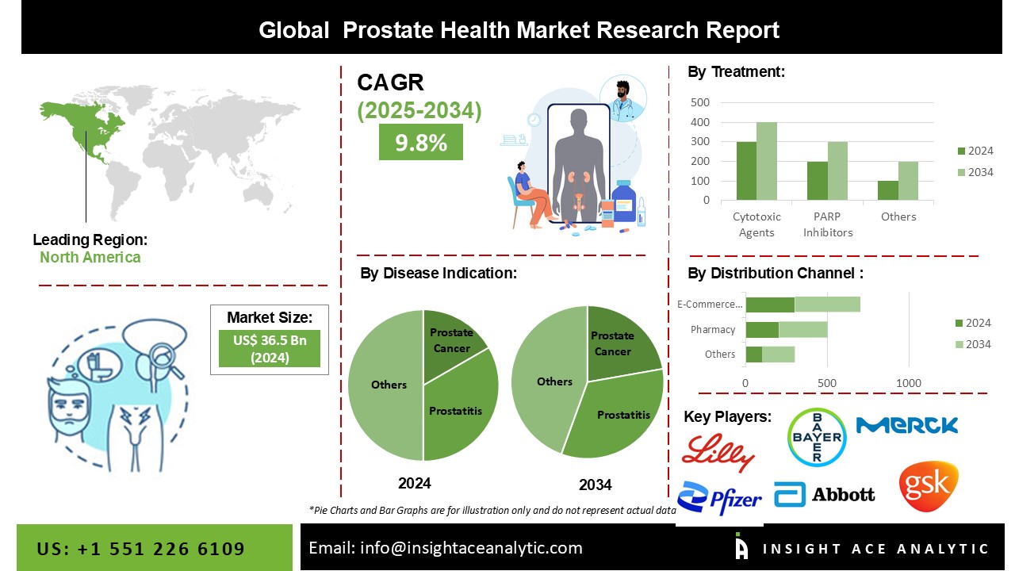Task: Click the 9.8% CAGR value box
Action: pyautogui.click(x=421, y=142)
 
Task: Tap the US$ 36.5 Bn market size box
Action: pyautogui.click(x=270, y=348)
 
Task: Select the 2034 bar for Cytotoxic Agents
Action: pyautogui.click(x=767, y=161)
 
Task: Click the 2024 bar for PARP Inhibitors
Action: pyautogui.click(x=818, y=180)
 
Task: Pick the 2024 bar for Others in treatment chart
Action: pyautogui.click(x=888, y=190)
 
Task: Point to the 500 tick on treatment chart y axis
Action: pyautogui.click(x=700, y=102)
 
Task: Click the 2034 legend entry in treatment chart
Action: pyautogui.click(x=975, y=172)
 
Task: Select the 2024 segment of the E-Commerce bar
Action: pyautogui.click(x=770, y=305)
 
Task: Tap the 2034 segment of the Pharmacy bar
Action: pyautogui.click(x=803, y=329)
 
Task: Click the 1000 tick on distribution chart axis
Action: pyautogui.click(x=909, y=383)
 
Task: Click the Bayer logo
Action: pyautogui.click(x=817, y=437)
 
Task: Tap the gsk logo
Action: pyautogui.click(x=929, y=486)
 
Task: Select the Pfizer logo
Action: pyautogui.click(x=719, y=498)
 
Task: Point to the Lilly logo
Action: pyautogui.click(x=718, y=453)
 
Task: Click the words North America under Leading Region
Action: pyautogui.click(x=90, y=258)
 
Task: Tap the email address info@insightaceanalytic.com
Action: pyautogui.click(x=471, y=548)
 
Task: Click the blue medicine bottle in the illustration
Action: pyautogui.click(x=624, y=201)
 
